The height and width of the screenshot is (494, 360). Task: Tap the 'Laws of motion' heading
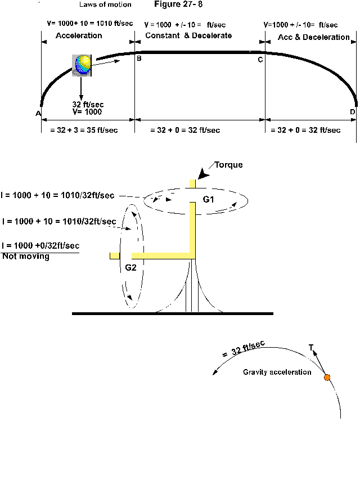[105, 5]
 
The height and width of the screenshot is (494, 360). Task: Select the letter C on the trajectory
[260, 60]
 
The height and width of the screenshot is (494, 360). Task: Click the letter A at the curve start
[38, 113]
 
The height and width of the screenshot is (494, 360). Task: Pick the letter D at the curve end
[352, 112]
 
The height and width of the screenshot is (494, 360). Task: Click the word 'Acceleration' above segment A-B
[79, 36]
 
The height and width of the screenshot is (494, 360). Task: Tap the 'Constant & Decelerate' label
[188, 36]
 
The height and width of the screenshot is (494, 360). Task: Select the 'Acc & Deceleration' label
[314, 37]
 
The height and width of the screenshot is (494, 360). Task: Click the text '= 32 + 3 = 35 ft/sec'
[79, 131]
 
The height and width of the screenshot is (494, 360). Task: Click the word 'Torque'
[228, 165]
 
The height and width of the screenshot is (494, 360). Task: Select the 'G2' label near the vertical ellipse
[130, 268]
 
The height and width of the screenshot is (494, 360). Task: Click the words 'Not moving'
[25, 257]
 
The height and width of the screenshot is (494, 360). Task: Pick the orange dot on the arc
[327, 378]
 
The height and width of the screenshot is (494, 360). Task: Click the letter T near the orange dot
[311, 348]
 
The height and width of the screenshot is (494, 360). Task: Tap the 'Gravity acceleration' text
[277, 372]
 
